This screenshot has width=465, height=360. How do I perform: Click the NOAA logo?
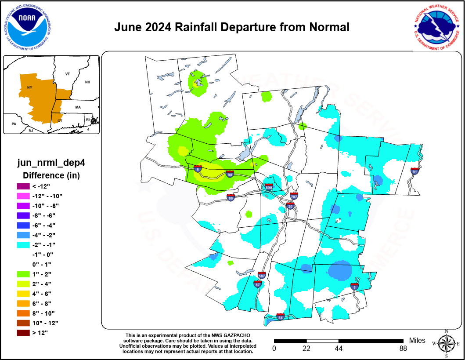(x=27, y=27)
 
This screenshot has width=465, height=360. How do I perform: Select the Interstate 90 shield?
(x=230, y=175)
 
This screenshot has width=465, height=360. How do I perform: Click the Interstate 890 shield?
(x=269, y=187)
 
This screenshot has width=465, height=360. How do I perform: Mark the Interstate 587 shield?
(x=262, y=276)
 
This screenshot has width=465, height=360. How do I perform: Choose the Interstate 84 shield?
(x=280, y=317)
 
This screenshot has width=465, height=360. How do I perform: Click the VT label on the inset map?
(x=68, y=74)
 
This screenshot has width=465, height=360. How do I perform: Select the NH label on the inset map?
(x=87, y=82)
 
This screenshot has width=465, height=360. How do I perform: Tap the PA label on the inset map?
(x=14, y=124)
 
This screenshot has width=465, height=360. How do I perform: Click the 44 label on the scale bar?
(x=338, y=349)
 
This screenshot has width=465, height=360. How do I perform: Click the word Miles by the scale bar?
(x=417, y=341)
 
